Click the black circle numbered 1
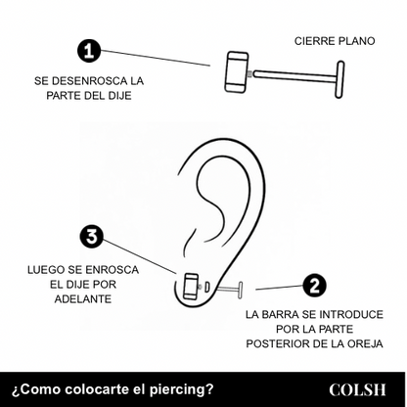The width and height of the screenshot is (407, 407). point(89,50)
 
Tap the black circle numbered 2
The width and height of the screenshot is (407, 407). point(314,286)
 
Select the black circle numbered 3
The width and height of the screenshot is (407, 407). point(91,237)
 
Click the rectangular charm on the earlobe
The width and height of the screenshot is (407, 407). point(192,287)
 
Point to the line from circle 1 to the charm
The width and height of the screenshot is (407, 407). point(157,58)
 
